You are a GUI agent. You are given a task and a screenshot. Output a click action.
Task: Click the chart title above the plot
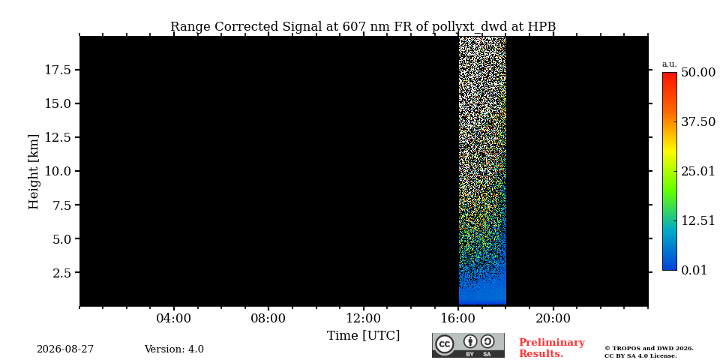tap(363, 27)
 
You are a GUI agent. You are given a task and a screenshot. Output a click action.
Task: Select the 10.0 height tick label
tap(57, 171)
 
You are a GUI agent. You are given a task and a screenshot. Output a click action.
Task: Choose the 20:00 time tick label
tap(553, 318)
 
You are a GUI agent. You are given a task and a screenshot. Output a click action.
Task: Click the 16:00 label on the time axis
tap(458, 318)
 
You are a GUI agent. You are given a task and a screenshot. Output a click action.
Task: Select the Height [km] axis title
tap(34, 172)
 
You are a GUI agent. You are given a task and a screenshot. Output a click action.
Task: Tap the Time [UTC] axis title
tap(363, 336)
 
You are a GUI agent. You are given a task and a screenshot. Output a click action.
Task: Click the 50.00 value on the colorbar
tap(698, 73)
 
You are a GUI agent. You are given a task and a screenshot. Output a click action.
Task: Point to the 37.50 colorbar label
tap(698, 121)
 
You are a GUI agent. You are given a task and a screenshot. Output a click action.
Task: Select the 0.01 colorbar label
tap(694, 270)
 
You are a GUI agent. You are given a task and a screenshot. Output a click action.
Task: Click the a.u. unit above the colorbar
tap(670, 64)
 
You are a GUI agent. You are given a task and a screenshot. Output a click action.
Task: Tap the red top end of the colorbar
tap(670, 73)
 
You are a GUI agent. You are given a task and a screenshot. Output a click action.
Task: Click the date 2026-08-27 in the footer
tap(65, 349)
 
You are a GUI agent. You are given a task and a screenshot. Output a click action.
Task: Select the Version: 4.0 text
tap(174, 349)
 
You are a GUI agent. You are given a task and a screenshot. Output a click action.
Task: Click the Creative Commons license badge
tap(468, 345)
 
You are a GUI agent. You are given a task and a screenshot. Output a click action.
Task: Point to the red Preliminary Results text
tap(552, 347)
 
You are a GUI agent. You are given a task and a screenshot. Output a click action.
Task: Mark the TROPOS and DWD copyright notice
tap(649, 352)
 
